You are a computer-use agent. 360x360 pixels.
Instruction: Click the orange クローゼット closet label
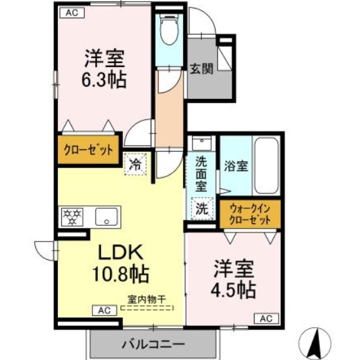[x=88, y=149]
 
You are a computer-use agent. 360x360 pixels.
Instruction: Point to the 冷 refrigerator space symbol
[x=136, y=165]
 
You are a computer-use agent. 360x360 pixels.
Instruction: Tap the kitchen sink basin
[x=106, y=217]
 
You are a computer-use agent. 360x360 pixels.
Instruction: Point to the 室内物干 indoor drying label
[x=146, y=299]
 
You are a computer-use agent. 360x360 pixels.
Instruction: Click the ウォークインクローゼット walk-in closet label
[x=251, y=214]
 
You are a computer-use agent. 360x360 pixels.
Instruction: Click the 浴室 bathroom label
[x=235, y=167]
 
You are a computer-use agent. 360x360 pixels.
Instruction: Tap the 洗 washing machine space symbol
[x=202, y=210]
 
